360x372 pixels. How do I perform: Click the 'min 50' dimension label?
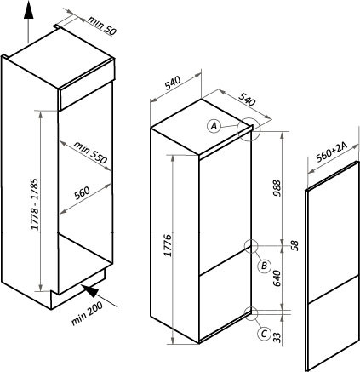[102, 26]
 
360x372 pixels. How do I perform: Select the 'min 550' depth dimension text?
[90, 152]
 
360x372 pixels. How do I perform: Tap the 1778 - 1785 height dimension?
[35, 204]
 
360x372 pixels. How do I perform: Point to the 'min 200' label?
[87, 313]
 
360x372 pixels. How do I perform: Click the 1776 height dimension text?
[169, 245]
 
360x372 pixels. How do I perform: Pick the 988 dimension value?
[277, 188]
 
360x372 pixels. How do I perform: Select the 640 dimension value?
[277, 278]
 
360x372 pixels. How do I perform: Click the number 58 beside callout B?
[295, 246]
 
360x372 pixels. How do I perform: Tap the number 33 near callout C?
[277, 337]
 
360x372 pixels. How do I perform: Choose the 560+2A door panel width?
[331, 152]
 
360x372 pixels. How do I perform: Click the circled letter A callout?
[214, 126]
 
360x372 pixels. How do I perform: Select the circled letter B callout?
[264, 266]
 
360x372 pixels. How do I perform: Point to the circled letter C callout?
[264, 333]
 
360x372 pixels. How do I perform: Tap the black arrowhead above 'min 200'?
[91, 291]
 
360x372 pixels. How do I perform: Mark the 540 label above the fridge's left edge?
[173, 83]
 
